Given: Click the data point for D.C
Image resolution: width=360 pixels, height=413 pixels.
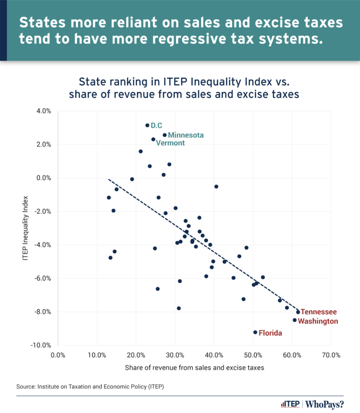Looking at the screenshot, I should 147,125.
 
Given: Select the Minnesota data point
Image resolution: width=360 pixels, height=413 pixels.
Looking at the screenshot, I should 165,135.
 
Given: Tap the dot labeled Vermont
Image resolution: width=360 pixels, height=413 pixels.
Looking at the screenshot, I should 153,139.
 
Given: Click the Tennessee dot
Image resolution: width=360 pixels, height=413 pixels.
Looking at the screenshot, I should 298,312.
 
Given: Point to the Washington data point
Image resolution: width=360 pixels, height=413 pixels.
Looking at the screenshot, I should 295,320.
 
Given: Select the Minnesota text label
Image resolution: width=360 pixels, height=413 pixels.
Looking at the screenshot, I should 186,135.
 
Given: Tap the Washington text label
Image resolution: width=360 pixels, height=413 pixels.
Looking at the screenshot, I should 318,321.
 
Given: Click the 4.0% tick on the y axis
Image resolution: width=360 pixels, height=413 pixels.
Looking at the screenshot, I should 43,111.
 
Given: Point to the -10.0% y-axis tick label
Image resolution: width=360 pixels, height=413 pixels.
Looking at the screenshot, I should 41,346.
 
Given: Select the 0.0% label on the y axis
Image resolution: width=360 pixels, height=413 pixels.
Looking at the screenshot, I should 43,178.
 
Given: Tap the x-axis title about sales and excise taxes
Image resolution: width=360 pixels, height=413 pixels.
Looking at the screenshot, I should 195,368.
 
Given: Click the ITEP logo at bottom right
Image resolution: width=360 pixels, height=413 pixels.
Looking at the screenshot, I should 289,404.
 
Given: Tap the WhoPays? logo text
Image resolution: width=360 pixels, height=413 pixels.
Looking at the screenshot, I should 328,404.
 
